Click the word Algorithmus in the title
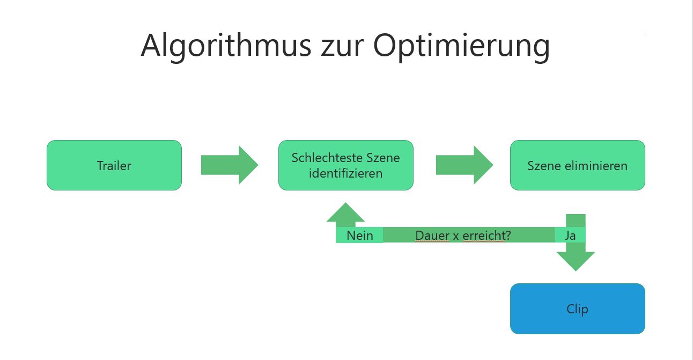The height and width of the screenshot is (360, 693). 226,47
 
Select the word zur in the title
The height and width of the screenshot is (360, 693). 341,48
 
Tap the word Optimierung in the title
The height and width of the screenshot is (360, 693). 462,47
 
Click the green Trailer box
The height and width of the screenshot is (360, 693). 114,165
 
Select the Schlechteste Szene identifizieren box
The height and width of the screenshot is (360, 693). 346,165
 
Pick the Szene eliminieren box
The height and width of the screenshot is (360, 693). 578,165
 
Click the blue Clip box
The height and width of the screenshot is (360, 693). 578,308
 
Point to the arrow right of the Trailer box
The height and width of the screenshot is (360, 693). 230,165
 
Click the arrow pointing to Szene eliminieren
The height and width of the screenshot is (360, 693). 465,165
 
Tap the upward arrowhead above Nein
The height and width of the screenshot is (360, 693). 345,213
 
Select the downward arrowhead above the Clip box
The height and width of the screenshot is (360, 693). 576,261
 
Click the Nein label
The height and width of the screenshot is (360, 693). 360,236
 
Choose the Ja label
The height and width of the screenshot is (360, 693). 570,236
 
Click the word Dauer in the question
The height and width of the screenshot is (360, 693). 432,236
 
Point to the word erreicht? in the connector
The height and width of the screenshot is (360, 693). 486,236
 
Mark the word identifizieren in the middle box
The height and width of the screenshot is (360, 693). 345,173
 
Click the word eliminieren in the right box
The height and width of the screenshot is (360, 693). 596,166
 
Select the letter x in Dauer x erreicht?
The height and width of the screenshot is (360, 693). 456,236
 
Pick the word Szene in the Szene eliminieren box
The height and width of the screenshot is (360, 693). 544,166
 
